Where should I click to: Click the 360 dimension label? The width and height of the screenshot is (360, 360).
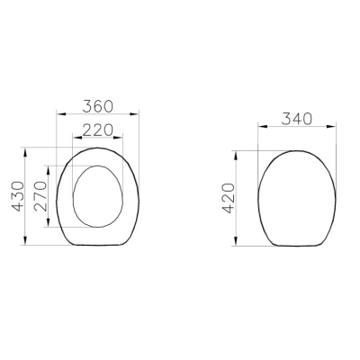point(98,106)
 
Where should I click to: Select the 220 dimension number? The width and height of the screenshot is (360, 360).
point(98,130)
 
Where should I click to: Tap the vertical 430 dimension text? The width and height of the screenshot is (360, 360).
point(17,196)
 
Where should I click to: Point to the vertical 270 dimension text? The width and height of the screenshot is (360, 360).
point(40,196)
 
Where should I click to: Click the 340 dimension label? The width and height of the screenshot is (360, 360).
point(297,119)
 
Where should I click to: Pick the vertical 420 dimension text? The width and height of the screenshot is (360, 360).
point(229,198)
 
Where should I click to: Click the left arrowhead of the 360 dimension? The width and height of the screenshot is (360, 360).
point(61,113)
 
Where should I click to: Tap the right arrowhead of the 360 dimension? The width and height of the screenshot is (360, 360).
point(134,113)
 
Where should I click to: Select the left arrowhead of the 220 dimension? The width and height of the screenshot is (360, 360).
point(77,138)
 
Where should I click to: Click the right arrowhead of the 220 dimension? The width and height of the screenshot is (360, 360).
point(118,138)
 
